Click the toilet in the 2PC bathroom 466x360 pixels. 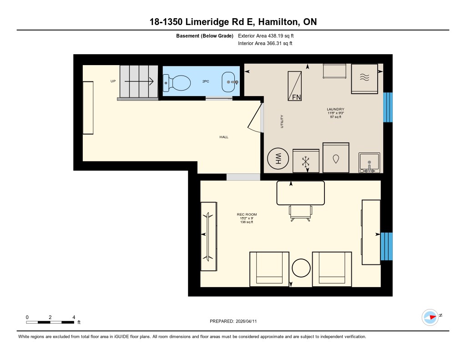point(179,83)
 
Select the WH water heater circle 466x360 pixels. point(278,159)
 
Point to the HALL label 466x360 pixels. point(223,137)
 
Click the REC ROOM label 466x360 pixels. point(243,214)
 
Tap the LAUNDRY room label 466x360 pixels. point(335,109)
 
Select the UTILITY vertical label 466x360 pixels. point(282,121)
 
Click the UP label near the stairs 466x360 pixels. point(113,81)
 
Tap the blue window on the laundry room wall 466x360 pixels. point(388,107)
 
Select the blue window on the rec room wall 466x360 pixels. point(386,246)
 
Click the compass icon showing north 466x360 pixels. point(430,317)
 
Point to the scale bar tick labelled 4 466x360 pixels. point(74,317)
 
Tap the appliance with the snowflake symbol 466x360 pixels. point(306,161)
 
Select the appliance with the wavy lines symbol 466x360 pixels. point(365,78)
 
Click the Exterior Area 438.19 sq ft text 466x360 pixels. point(269,35)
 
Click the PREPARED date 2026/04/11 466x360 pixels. point(236,321)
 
